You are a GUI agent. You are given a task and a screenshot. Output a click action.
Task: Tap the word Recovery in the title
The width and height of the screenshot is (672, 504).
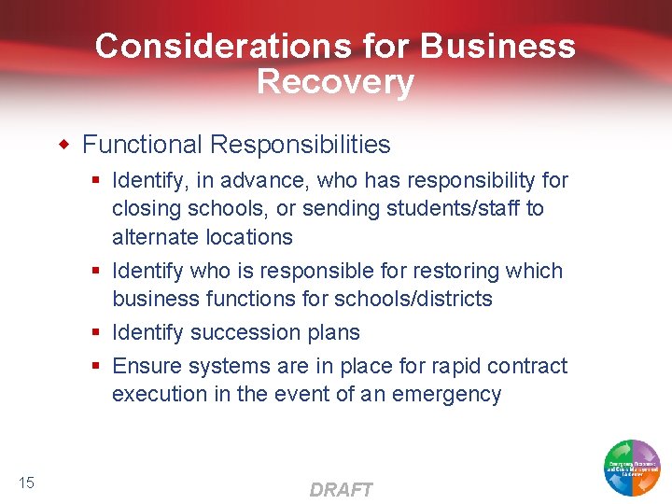[x=335, y=82]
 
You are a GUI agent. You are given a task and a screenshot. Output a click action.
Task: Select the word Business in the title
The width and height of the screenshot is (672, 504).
[x=498, y=46]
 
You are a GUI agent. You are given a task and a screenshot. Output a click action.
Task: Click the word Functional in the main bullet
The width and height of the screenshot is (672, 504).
[x=142, y=145]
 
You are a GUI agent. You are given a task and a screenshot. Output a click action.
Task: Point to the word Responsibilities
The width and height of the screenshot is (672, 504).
[x=301, y=145]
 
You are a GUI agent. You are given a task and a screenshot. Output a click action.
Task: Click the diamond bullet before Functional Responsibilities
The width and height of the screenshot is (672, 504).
[x=64, y=145]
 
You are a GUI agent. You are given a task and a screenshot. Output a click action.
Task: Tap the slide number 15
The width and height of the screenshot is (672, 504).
[x=26, y=482]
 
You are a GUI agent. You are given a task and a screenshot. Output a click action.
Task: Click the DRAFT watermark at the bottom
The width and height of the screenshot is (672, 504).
[x=341, y=490]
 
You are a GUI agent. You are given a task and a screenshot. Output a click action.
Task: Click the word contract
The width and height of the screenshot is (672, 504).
[x=523, y=366]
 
